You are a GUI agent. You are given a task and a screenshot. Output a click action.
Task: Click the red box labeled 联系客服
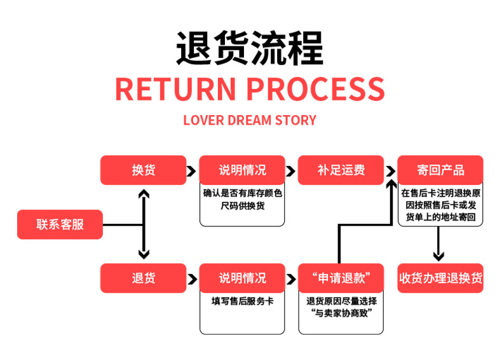click(60, 224)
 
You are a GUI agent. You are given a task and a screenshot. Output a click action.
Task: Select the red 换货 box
click(144, 170)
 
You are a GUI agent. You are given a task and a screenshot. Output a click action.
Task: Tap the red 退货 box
click(144, 279)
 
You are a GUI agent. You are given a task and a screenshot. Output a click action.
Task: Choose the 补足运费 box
click(341, 170)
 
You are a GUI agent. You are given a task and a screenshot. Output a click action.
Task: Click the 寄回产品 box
click(440, 170)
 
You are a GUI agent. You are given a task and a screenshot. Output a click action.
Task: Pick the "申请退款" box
click(341, 279)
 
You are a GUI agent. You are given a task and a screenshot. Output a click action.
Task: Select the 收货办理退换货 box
click(440, 279)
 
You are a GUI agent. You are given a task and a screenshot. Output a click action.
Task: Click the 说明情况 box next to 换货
click(243, 170)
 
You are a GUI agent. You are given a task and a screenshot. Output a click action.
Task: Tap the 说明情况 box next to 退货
click(243, 279)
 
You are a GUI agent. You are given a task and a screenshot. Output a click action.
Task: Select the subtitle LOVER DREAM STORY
click(250, 120)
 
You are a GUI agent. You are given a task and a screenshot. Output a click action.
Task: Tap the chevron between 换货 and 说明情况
click(191, 171)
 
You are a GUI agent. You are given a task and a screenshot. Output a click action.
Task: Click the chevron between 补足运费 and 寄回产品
click(389, 171)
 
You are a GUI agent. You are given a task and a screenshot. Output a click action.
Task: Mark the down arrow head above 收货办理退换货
click(438, 256)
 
